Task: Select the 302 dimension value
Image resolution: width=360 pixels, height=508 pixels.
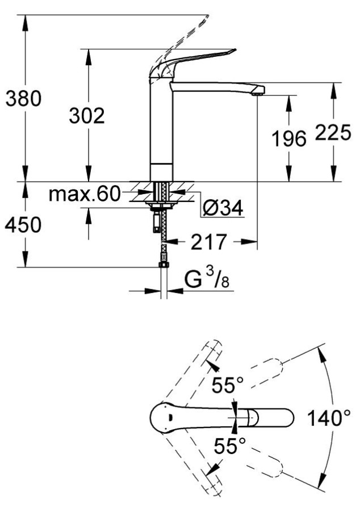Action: tap(87, 116)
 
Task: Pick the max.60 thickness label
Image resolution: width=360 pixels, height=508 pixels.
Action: tap(85, 195)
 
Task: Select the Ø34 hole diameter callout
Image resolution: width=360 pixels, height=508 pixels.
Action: tap(223, 208)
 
